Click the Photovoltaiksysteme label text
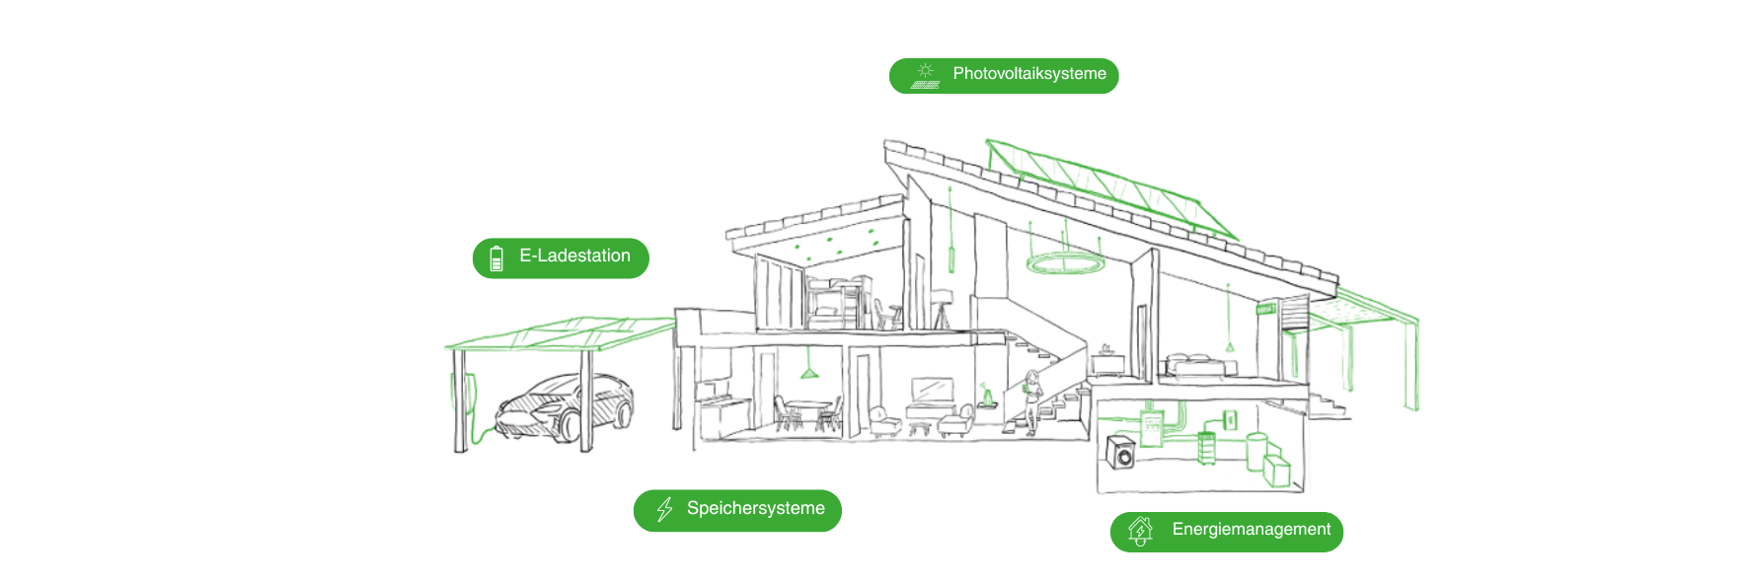(1028, 74)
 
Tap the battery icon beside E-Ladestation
(496, 258)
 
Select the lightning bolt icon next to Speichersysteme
(664, 509)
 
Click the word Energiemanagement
(1251, 530)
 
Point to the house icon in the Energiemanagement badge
(1140, 531)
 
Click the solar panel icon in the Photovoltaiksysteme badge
(925, 76)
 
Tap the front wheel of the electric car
(570, 426)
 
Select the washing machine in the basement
(1121, 453)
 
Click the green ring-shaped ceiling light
(1065, 263)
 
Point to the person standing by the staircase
(1032, 400)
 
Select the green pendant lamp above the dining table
(809, 372)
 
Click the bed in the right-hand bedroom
(1196, 366)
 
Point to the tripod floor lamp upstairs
(941, 309)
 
